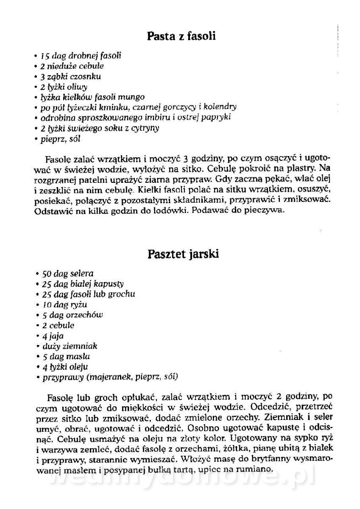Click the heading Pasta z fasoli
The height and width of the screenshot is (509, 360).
point(181,36)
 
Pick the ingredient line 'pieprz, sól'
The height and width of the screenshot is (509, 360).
point(60,138)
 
